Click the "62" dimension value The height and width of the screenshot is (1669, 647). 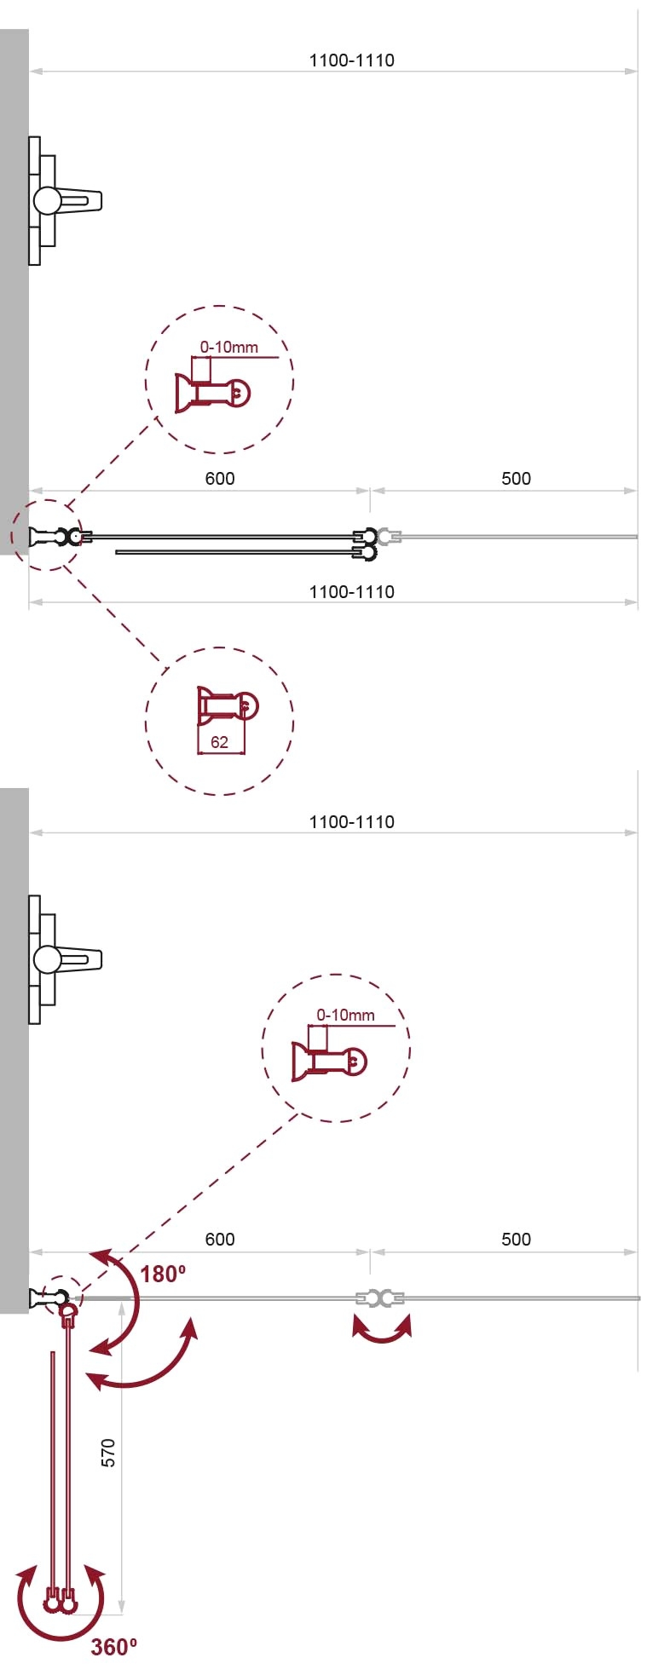219,742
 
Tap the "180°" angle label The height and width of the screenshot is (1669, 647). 163,1274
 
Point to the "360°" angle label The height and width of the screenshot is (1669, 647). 114,1647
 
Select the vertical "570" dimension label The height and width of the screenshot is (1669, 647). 108,1453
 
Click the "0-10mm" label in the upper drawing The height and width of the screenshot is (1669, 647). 229,347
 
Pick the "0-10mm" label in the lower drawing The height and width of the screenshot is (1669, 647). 345,1015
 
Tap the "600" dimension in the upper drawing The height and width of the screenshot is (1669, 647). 220,478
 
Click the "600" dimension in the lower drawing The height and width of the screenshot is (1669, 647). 220,1239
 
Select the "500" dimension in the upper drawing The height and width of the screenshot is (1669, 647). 516,478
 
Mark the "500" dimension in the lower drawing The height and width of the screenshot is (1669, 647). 516,1239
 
